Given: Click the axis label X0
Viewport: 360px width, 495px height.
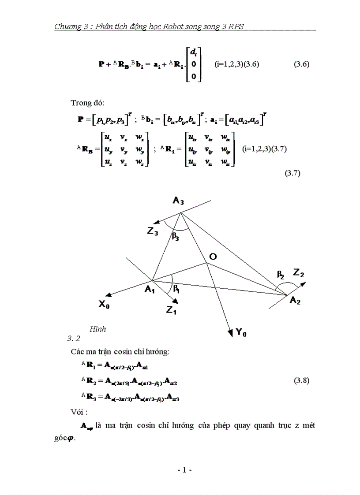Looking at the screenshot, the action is [105, 304].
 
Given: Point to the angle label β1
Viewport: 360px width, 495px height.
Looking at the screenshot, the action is [176, 290].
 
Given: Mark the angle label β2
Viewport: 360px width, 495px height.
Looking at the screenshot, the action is [281, 275].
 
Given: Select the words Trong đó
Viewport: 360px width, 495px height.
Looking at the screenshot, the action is [87, 103].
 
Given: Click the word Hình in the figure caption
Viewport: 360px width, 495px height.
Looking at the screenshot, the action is [97, 329].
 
